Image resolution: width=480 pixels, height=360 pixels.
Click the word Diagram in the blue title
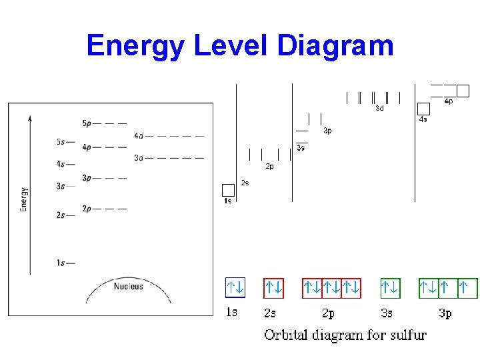point(335,46)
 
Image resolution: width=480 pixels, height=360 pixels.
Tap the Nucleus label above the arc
point(128,287)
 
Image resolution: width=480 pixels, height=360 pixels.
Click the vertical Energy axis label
point(24,199)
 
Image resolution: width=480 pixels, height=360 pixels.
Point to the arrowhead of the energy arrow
point(30,119)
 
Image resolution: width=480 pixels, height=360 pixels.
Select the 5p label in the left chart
point(87,123)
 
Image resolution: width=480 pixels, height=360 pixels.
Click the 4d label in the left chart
point(138,135)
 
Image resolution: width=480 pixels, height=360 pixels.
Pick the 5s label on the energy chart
point(61,142)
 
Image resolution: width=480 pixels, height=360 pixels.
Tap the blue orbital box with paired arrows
point(235,287)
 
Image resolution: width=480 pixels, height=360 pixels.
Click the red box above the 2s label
point(273,287)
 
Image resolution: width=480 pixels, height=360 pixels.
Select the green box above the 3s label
point(390,287)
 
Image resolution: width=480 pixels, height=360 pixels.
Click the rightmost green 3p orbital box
point(468,287)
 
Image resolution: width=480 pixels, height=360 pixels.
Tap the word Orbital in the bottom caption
point(287,335)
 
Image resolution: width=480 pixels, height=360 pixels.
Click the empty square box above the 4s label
point(423,109)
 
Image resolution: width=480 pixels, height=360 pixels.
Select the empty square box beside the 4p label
point(463,91)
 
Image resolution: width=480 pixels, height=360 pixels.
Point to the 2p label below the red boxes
point(328,313)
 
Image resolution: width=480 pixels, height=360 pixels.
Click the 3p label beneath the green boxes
point(445,313)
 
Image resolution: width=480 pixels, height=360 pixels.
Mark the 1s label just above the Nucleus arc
point(61,263)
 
